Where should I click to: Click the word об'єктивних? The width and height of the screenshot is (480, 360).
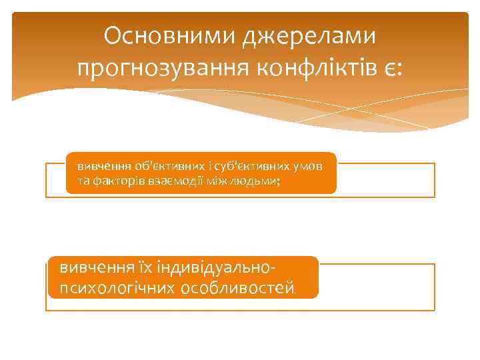click(x=154, y=165)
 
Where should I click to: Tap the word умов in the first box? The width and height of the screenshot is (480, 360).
click(x=307, y=165)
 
